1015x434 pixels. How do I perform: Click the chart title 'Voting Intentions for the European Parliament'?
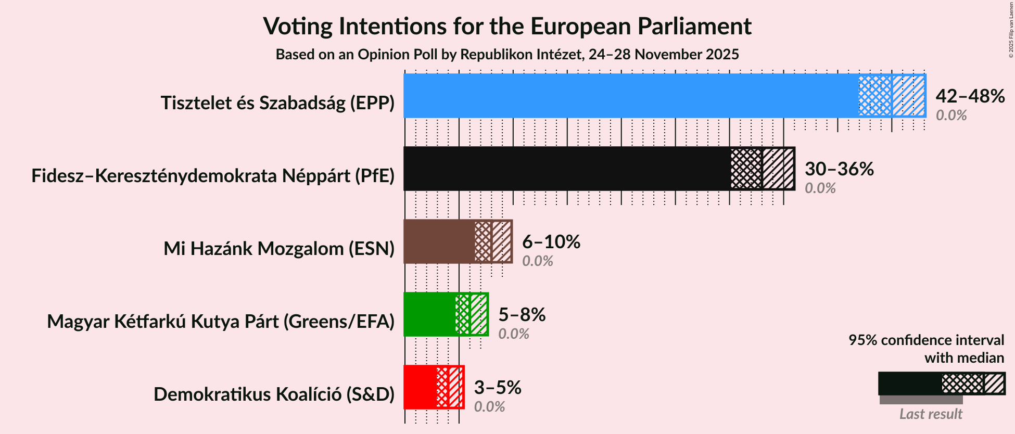click(x=507, y=26)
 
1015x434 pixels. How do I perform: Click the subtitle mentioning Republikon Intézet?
click(x=507, y=55)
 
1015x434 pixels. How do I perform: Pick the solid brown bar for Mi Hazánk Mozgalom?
click(x=439, y=241)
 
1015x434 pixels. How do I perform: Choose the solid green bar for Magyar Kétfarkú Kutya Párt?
click(x=429, y=314)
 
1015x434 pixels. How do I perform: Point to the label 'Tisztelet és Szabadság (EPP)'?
click(x=277, y=103)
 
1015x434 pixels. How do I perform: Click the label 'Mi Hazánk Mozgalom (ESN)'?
click(x=279, y=249)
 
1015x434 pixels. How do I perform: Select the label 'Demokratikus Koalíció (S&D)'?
click(x=274, y=394)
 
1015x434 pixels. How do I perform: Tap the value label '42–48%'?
click(x=970, y=96)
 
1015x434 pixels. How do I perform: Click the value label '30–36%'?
click(x=839, y=169)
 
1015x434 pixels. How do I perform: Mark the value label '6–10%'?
click(x=551, y=242)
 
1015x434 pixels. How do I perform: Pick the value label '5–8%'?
click(x=522, y=315)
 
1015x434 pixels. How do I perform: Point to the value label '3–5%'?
click(x=497, y=388)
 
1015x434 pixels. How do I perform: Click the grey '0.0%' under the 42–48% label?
click(x=951, y=115)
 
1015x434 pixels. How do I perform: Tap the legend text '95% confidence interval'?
click(x=926, y=340)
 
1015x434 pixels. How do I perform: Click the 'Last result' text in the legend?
click(x=931, y=414)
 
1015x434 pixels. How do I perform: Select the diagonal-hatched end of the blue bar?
click(x=909, y=96)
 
